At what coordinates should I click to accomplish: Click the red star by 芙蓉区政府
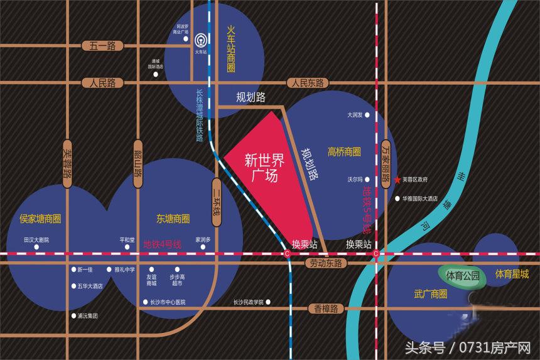[x=398, y=180]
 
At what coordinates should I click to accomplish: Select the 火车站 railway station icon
[x=200, y=40]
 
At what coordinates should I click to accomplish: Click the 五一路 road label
[x=103, y=45]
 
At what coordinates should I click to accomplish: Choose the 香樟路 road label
[x=323, y=308]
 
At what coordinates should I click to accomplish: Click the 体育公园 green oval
[x=463, y=276]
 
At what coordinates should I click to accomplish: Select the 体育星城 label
[x=512, y=274]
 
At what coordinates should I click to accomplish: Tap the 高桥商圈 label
[x=344, y=151]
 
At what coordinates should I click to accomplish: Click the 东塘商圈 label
[x=173, y=219]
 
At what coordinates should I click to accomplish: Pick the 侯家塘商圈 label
[x=40, y=219]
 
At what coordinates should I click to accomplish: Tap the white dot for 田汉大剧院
[x=36, y=248]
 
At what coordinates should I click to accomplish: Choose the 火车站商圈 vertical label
[x=230, y=48]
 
